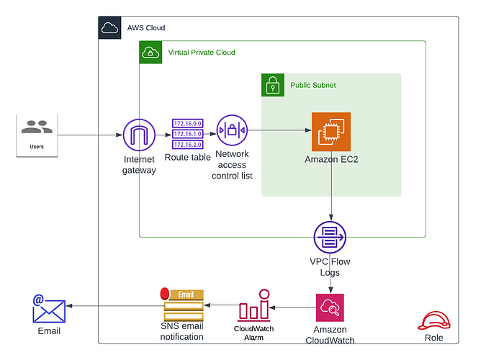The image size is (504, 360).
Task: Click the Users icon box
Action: click(x=37, y=134)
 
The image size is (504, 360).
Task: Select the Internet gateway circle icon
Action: click(x=139, y=135)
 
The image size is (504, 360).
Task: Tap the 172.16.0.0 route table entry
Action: click(x=188, y=124)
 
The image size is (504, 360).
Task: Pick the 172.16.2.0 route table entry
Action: click(x=188, y=144)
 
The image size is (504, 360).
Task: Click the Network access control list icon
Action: click(x=232, y=130)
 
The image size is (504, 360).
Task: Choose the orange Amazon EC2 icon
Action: click(x=330, y=131)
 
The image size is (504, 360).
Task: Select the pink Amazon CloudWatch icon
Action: click(x=330, y=308)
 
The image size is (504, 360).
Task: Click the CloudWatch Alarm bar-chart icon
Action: click(x=254, y=306)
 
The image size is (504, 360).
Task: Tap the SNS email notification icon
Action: click(x=184, y=306)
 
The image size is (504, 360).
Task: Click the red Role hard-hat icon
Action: click(x=434, y=320)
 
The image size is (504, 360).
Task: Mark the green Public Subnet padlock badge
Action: click(x=272, y=85)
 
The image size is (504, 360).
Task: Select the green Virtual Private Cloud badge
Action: click(x=150, y=52)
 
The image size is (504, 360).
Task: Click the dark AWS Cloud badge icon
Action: click(x=109, y=28)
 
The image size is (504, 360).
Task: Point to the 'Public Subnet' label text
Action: click(x=313, y=85)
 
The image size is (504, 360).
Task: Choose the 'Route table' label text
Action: click(x=187, y=157)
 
